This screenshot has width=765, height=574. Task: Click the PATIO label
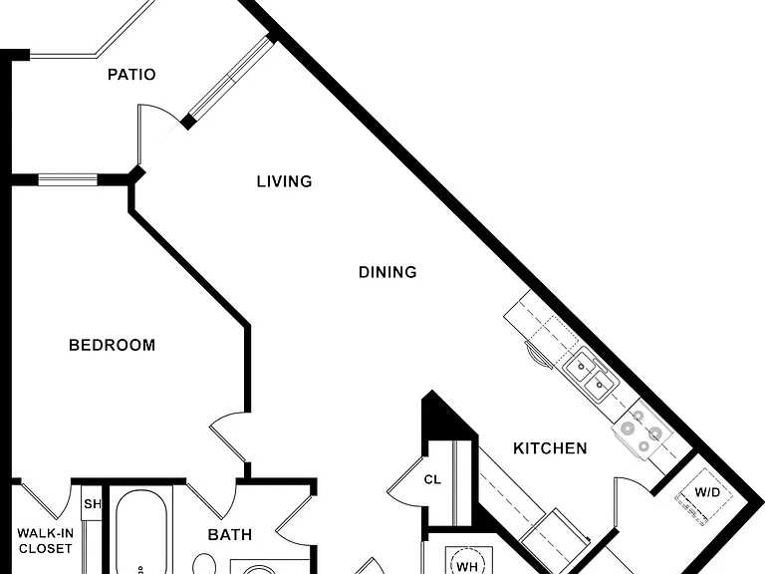(x=131, y=75)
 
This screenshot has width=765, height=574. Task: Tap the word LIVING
(x=285, y=181)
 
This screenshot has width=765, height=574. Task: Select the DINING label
(x=387, y=272)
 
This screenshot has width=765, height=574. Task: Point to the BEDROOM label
(x=113, y=345)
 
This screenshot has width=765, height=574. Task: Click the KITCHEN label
(x=550, y=448)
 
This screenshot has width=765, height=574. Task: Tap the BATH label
(x=230, y=534)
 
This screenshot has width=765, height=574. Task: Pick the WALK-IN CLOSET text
(x=46, y=541)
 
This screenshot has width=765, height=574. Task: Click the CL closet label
(x=432, y=479)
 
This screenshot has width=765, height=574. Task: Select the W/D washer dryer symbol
(x=703, y=496)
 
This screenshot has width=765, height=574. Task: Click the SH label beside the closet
(x=93, y=503)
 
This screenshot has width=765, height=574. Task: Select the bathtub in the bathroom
(x=141, y=533)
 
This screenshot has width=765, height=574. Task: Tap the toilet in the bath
(x=204, y=564)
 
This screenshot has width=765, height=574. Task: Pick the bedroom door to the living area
(x=228, y=437)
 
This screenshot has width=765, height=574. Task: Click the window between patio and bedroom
(x=68, y=179)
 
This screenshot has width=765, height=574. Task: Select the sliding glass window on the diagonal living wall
(x=232, y=77)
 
